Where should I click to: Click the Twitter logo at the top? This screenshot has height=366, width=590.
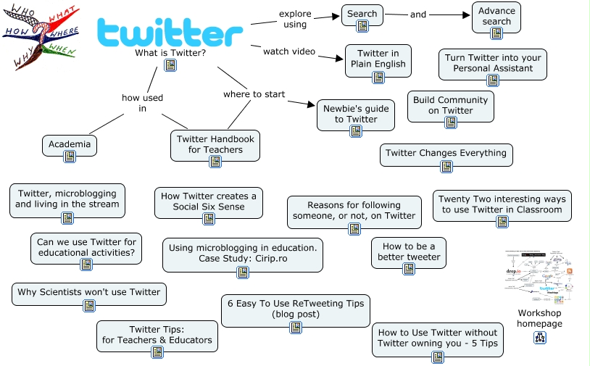[170, 32]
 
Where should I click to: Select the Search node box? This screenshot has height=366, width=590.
[362, 14]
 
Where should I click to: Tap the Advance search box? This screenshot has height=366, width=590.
[496, 17]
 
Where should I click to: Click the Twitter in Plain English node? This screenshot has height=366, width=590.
[378, 59]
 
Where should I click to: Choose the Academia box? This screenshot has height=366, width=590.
[70, 145]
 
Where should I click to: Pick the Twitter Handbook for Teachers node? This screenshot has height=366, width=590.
[215, 145]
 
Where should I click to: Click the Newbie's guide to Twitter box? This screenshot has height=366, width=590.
[356, 115]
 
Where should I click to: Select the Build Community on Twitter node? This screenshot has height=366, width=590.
[450, 106]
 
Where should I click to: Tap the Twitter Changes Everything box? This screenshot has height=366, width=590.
[446, 154]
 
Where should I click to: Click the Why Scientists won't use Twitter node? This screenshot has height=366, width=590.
[88, 293]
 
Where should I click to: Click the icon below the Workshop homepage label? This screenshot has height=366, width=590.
[540, 337]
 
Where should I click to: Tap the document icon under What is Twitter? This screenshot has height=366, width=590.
[170, 65]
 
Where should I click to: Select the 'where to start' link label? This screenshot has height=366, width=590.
[254, 94]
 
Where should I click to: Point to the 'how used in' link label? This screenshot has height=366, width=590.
[142, 103]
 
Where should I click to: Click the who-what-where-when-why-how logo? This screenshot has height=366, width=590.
[41, 37]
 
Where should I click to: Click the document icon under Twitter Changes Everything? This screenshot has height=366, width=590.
[446, 166]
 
